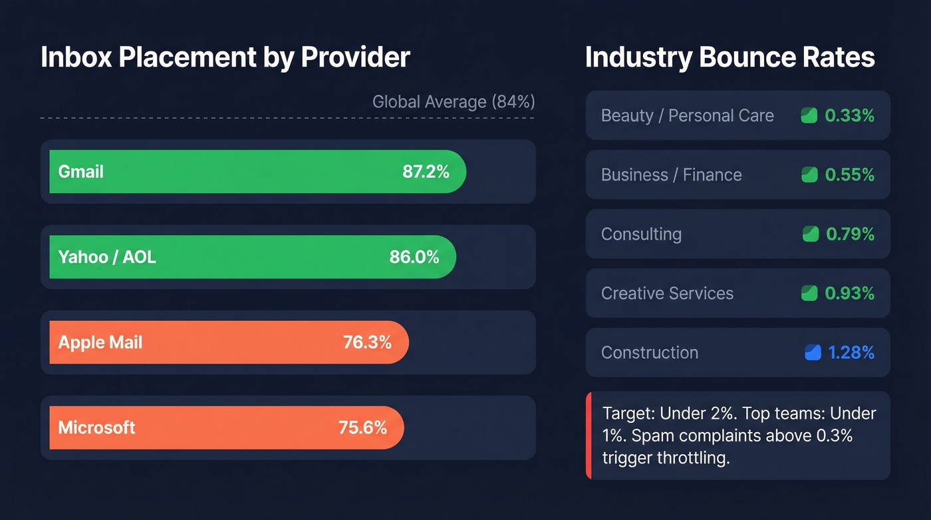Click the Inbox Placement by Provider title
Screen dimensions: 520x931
click(x=225, y=58)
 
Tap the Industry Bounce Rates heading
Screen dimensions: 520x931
click(x=730, y=58)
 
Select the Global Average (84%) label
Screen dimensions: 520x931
click(x=453, y=102)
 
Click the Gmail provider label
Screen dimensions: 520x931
click(x=80, y=172)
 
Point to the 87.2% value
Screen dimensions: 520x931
click(x=426, y=172)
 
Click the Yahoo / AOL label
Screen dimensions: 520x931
click(x=107, y=257)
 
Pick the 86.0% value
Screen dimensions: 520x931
click(x=414, y=257)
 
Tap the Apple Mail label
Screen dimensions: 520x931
click(x=100, y=342)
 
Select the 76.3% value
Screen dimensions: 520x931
click(x=367, y=342)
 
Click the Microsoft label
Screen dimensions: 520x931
click(x=96, y=427)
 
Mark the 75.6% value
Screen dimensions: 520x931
click(x=362, y=427)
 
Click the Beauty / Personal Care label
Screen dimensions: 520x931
click(x=687, y=116)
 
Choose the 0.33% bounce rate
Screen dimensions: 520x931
click(x=849, y=116)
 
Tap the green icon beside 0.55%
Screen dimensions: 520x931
click(x=809, y=175)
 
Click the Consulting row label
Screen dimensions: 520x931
click(x=641, y=234)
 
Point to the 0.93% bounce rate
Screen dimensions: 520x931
click(x=849, y=294)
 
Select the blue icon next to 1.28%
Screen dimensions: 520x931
click(x=813, y=353)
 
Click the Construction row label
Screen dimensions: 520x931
click(x=649, y=353)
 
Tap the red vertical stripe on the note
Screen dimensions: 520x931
click(x=589, y=435)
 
